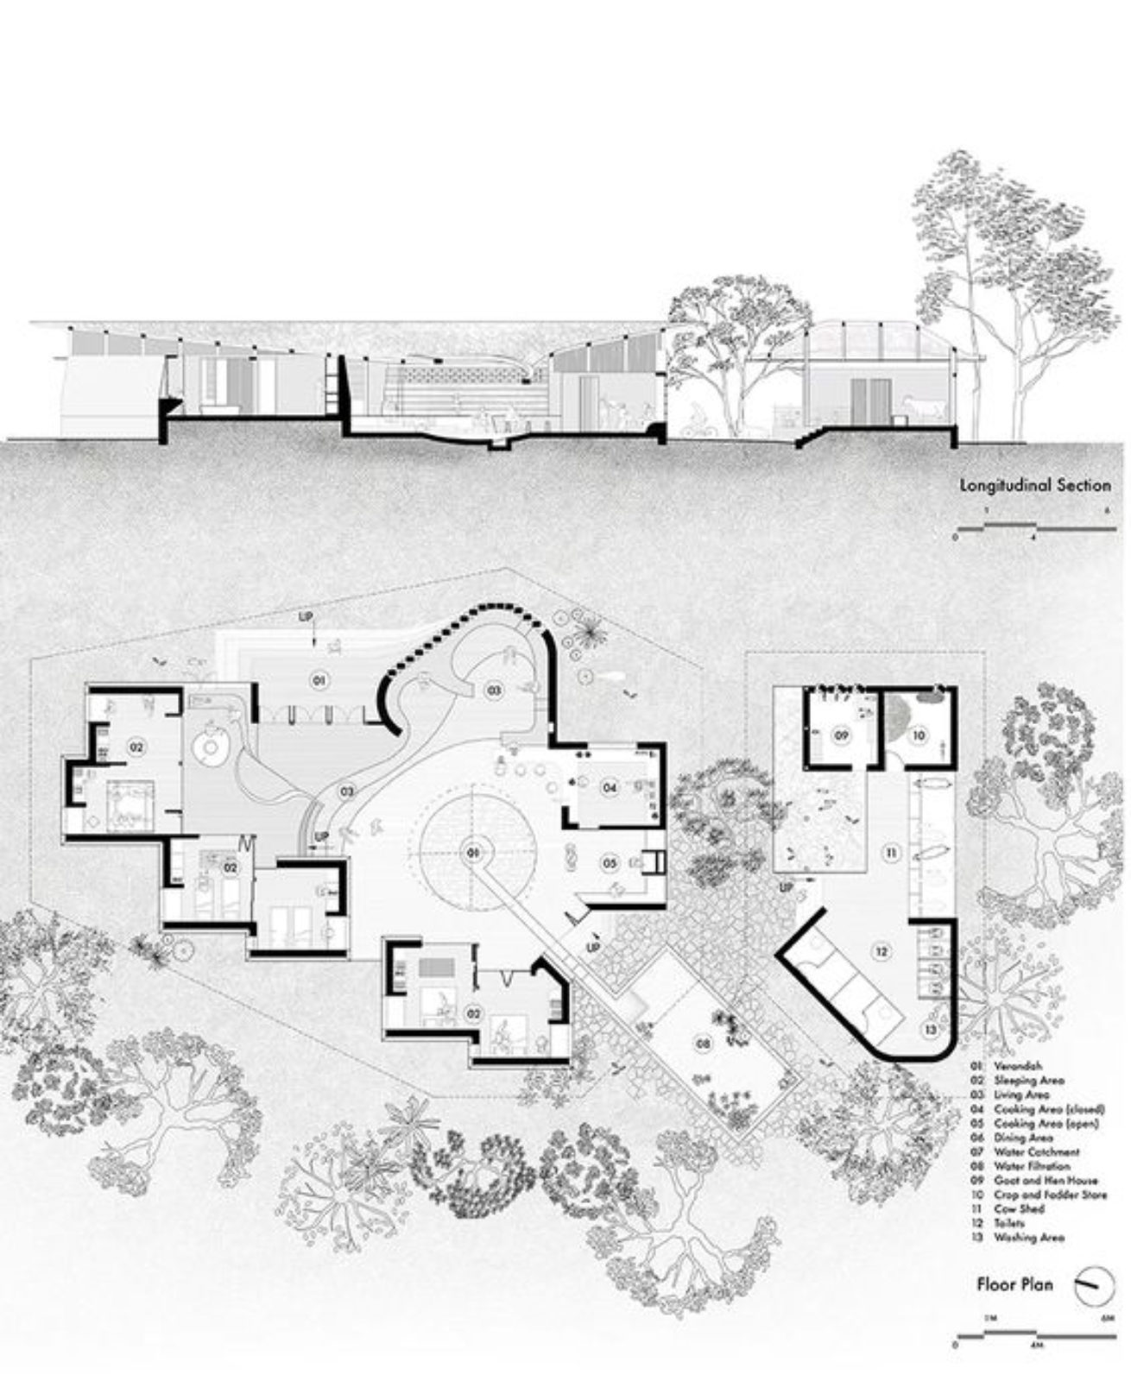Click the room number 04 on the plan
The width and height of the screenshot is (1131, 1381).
[610, 787]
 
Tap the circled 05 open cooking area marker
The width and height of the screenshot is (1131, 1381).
[610, 862]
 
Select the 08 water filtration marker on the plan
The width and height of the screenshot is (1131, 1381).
[703, 1044]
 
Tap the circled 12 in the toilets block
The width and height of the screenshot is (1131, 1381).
[881, 952]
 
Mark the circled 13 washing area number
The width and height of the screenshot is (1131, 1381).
[929, 1030]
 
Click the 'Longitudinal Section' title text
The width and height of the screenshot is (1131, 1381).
[1035, 485]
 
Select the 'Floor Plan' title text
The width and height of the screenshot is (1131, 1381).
[1014, 1283]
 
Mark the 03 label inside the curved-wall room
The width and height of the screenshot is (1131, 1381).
[493, 690]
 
